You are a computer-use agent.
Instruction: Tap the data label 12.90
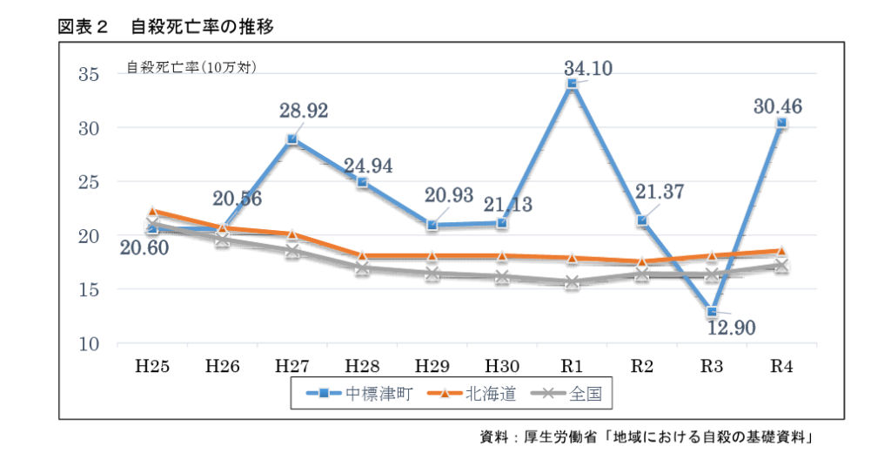(731, 328)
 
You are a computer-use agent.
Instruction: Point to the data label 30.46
(779, 107)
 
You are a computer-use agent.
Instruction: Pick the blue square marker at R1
(572, 84)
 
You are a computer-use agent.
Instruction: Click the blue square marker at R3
(712, 311)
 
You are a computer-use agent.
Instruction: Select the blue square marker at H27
(291, 139)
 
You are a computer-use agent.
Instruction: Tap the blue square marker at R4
(782, 123)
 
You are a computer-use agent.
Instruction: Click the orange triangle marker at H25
(152, 212)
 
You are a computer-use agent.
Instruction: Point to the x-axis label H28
(362, 365)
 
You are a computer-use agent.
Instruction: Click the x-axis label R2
(642, 365)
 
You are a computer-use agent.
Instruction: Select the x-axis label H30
(502, 365)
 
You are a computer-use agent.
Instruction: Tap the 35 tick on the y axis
(90, 74)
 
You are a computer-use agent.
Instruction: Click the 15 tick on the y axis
(90, 289)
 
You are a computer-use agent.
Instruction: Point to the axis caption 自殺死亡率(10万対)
(191, 67)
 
